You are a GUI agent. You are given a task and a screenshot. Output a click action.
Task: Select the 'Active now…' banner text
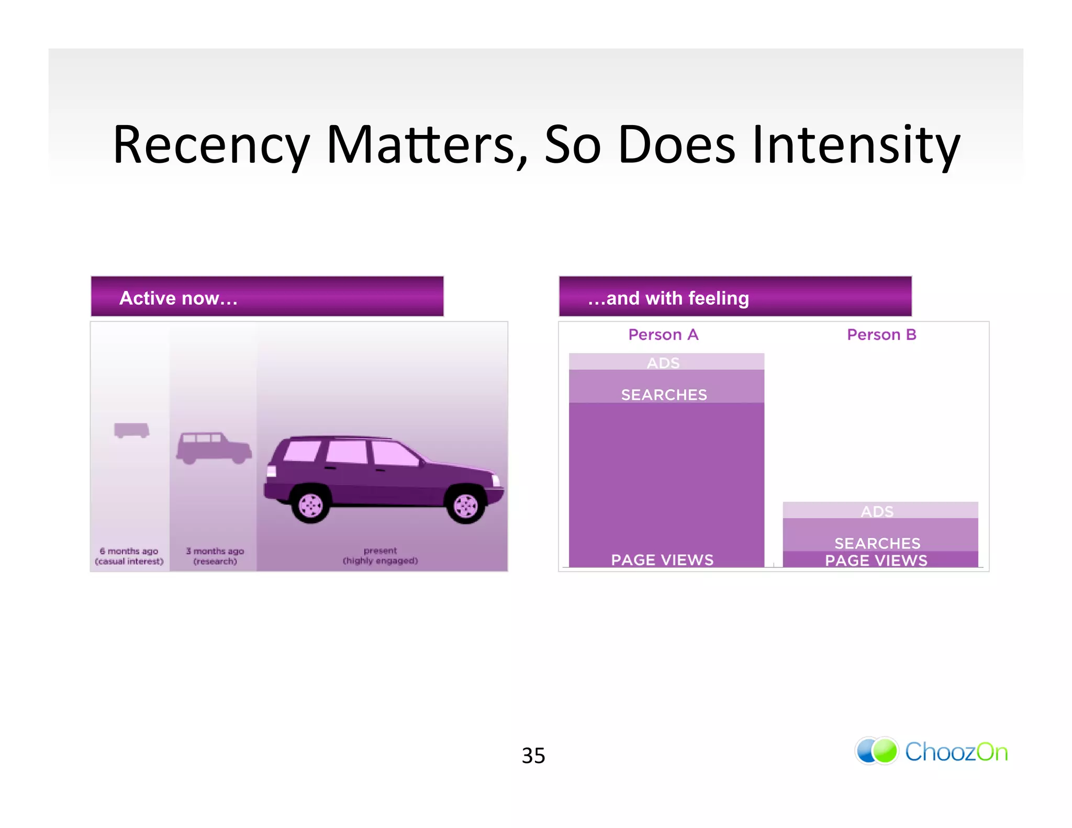click(178, 298)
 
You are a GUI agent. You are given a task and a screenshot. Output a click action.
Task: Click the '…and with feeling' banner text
click(668, 298)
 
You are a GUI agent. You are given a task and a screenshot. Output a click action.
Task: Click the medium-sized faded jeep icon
click(214, 447)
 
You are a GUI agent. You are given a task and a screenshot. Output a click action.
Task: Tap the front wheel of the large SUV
click(465, 505)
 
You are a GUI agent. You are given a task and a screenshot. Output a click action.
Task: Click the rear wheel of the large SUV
click(311, 505)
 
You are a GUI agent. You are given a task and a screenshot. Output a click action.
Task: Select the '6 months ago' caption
click(129, 551)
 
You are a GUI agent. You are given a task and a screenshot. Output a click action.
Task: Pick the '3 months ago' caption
click(215, 551)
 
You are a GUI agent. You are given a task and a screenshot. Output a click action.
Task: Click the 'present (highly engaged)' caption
click(381, 555)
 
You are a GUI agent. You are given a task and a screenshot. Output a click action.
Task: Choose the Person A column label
click(663, 334)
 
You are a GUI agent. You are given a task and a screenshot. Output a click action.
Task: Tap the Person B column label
click(881, 334)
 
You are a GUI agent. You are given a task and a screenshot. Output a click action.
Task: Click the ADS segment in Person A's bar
click(663, 362)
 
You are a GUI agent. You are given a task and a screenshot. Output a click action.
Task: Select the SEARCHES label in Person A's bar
click(664, 395)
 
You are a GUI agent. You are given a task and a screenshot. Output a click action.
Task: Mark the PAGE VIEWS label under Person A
click(662, 560)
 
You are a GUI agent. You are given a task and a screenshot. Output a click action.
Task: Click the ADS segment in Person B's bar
click(877, 511)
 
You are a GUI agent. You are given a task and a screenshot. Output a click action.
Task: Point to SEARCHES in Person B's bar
click(877, 543)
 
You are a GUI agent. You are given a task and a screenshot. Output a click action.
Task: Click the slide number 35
click(533, 755)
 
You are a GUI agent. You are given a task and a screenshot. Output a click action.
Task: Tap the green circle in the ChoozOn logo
click(885, 752)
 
